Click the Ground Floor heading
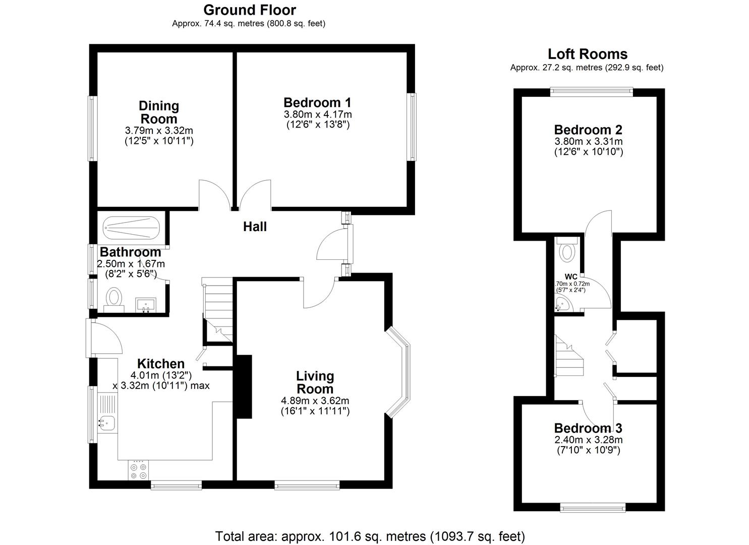(249, 10)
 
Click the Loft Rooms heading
(588, 54)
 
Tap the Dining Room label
(159, 112)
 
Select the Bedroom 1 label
(317, 102)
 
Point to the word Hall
(255, 227)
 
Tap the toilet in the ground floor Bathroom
(114, 297)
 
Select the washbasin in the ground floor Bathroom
(146, 305)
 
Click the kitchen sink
(107, 421)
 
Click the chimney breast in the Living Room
(244, 387)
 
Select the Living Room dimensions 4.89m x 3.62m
(315, 401)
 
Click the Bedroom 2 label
(588, 130)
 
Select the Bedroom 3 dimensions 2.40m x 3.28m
(588, 440)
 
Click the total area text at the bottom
(370, 536)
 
